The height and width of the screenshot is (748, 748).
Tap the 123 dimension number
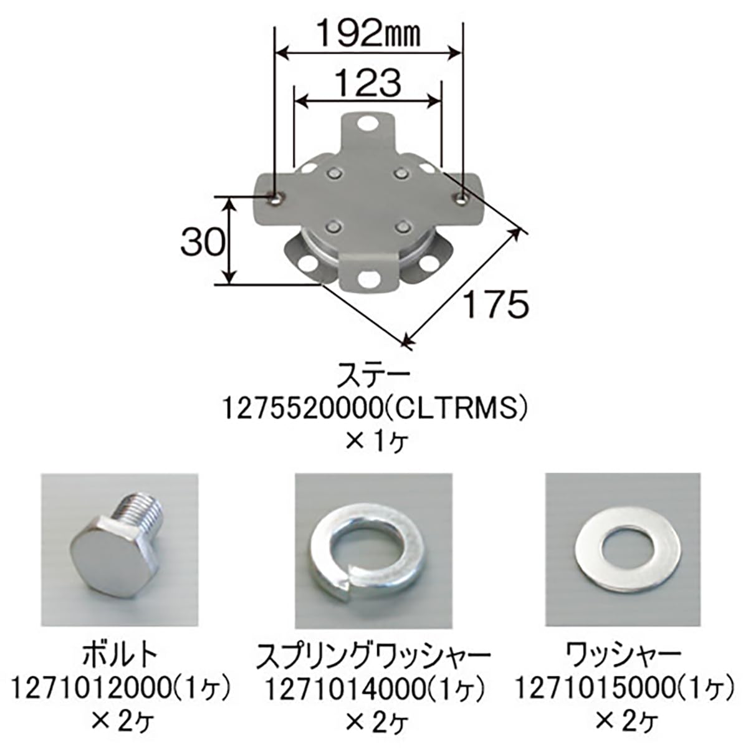(367, 83)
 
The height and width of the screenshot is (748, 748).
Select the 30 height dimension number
(203, 242)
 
